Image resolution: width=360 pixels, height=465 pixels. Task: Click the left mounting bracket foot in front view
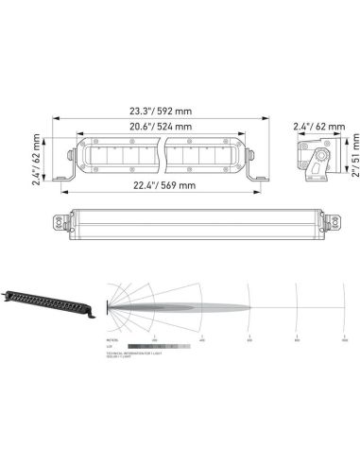(62, 177)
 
